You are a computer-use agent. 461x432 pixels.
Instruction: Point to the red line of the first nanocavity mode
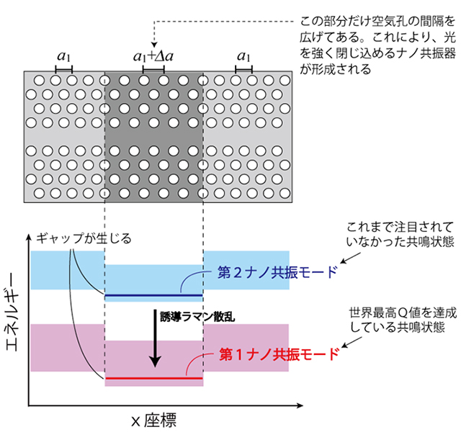[153, 377]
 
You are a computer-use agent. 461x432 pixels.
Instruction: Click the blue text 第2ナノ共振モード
[277, 274]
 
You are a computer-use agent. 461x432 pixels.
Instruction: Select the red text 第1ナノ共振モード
[278, 354]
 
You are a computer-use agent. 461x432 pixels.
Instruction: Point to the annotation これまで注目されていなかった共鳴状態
[400, 234]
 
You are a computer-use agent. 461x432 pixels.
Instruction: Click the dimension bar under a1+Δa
[153, 69]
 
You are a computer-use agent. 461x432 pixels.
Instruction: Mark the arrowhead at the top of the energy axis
[29, 237]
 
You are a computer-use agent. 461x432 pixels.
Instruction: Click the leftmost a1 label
[63, 56]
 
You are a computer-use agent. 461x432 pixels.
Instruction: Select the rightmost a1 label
[244, 56]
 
